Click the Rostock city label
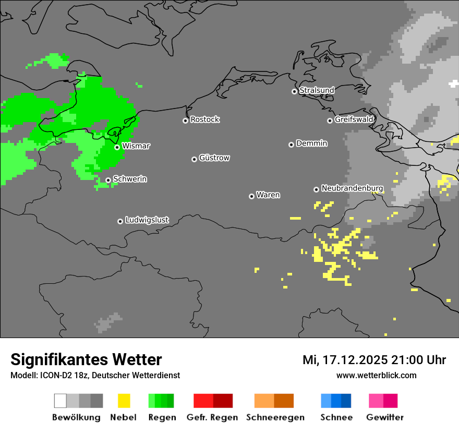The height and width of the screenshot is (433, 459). [204, 119]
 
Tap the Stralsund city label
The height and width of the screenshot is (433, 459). [317, 90]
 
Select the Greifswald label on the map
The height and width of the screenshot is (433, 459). [354, 119]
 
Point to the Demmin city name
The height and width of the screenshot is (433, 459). [311, 143]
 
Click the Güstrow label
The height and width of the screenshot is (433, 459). [214, 158]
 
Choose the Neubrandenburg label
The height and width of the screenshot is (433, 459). [352, 188]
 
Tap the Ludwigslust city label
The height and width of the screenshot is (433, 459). [147, 220]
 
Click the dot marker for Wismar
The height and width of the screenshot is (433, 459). [117, 147]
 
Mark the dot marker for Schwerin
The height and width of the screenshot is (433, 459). [108, 180]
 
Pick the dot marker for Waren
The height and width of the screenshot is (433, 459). [252, 196]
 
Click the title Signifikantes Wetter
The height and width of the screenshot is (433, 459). [86, 359]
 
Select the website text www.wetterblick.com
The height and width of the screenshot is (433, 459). [376, 375]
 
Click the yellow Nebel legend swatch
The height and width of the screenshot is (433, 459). [124, 401]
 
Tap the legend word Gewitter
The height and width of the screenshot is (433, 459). [384, 417]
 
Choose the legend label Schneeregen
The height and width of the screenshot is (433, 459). [275, 417]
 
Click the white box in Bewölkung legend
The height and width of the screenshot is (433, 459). [61, 401]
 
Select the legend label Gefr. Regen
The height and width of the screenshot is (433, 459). [212, 417]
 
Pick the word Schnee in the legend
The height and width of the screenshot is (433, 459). [336, 417]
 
